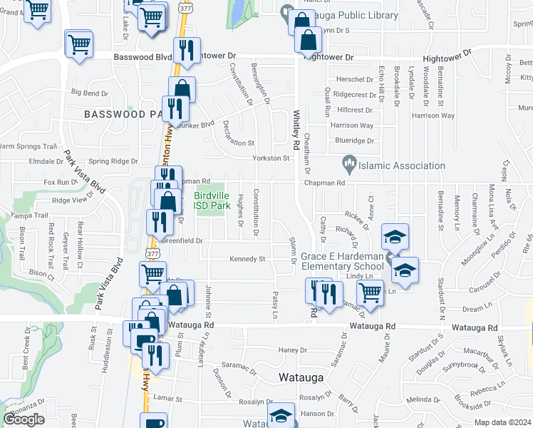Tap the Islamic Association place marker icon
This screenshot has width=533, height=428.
click(349, 165)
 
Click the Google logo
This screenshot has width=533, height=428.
click(24, 419)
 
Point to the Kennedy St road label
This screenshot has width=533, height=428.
click(247, 259)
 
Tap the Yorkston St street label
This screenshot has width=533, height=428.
click(270, 158)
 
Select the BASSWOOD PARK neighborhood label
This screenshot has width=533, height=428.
click(125, 114)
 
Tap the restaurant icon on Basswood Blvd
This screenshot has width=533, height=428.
click(187, 50)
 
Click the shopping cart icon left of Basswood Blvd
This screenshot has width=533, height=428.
click(79, 44)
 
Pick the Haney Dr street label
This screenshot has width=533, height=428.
click(292, 350)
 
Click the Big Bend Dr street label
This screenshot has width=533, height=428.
click(90, 93)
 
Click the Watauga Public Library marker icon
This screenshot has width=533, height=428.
click(287, 11)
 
